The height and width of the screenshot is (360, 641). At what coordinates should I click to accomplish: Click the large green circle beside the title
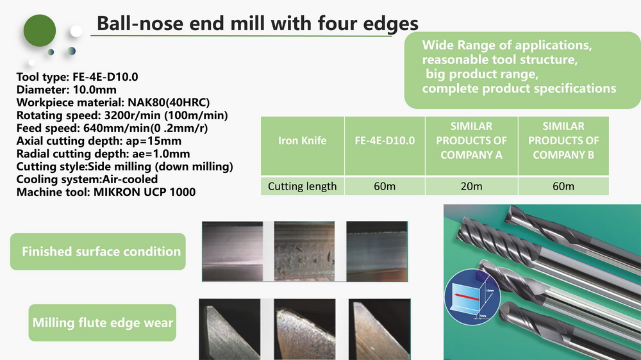[40, 31]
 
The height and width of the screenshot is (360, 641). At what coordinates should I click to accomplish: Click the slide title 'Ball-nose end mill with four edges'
[258, 24]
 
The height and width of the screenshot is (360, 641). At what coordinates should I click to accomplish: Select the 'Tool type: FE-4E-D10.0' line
[78, 77]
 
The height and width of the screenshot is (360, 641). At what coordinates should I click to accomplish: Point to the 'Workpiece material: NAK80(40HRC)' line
[113, 102]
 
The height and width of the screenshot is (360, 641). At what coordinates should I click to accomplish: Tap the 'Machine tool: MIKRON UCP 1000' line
[106, 192]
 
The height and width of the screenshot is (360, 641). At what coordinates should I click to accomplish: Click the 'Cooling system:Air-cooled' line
[87, 179]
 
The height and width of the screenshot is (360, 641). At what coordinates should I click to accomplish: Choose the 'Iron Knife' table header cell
[303, 140]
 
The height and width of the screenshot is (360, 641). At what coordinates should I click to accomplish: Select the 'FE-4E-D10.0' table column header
[385, 140]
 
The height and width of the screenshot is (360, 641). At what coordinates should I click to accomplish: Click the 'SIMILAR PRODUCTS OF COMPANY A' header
[471, 140]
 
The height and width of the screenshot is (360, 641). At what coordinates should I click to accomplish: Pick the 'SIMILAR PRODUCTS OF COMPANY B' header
[563, 140]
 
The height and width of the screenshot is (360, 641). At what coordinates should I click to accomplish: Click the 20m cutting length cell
[471, 186]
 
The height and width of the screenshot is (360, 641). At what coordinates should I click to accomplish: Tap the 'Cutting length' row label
[303, 186]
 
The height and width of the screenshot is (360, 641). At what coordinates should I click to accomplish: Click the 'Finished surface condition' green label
[98, 252]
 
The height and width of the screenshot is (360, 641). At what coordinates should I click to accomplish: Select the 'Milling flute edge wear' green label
[103, 323]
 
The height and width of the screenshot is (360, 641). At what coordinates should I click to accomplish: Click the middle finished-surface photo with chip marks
[304, 251]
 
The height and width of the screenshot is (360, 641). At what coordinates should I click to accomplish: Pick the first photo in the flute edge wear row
[229, 329]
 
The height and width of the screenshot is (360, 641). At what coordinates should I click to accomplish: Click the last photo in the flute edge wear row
[379, 329]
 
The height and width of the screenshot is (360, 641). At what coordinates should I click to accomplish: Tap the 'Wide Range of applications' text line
[507, 45]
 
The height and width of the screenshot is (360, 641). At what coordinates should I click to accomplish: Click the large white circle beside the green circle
[76, 31]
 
